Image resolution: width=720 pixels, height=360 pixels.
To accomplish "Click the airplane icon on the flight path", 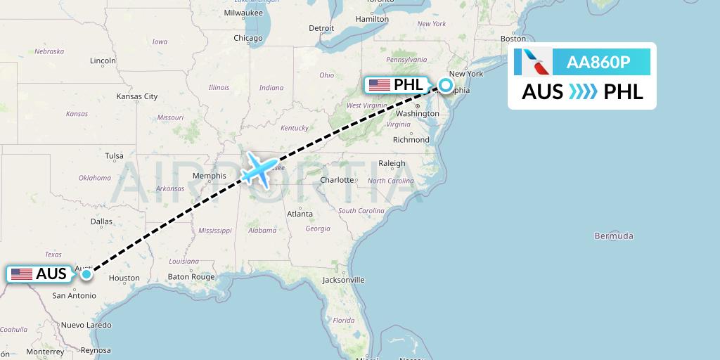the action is coord(259,171).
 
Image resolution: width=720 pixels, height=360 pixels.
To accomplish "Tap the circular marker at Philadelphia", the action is coord(446,86).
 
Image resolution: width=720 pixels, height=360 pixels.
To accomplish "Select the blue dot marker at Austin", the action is coord(86,274).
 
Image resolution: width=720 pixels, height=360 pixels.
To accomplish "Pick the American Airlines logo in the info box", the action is coord(532,63).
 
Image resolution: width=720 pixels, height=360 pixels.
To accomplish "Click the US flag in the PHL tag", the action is coord(379,86).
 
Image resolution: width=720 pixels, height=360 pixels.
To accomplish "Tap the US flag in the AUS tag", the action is coord(22,274).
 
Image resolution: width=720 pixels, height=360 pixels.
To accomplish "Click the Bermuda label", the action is coord(613,236).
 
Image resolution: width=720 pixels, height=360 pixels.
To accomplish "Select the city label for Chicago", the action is coord(247,38).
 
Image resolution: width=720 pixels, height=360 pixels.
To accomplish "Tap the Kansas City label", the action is coord(137,96).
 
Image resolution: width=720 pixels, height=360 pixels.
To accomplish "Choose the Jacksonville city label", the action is coord(343,280).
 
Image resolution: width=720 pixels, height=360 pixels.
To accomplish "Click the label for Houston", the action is coord(124,278).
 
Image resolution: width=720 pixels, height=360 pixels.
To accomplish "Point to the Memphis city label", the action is coord(209,176).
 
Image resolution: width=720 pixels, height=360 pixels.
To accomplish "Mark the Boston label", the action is coord(513,39).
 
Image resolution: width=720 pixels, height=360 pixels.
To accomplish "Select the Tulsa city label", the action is coord(113,156).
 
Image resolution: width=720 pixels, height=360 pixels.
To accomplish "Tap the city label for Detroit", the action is coord(321,28).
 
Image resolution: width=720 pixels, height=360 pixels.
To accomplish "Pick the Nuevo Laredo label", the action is coord(86,325).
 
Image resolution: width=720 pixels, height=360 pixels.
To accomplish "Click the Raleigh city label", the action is coord(392,164).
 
